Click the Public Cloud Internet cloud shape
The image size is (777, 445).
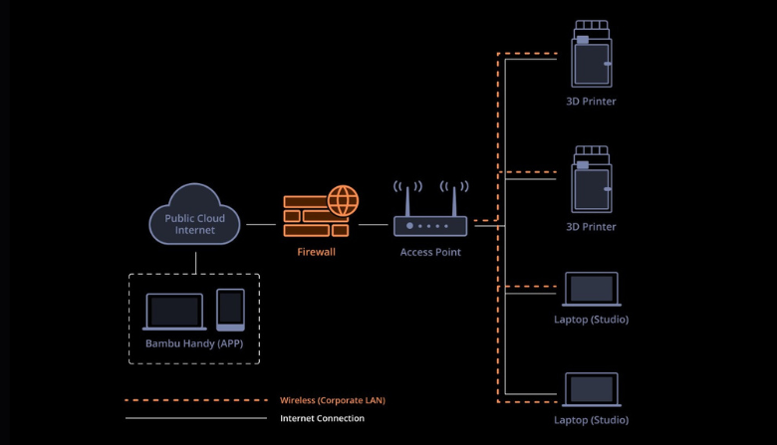[x=195, y=218]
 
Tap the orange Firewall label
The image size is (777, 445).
[x=317, y=252]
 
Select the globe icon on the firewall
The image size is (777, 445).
[x=343, y=200]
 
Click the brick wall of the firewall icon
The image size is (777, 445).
[x=311, y=218]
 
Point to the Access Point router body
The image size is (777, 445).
[x=430, y=226]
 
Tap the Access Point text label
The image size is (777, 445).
[x=430, y=252]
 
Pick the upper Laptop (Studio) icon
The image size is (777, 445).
[x=592, y=291]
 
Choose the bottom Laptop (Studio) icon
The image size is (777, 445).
[x=592, y=391]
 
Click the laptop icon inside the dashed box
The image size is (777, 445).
[x=174, y=311]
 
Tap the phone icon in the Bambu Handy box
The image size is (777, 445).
[x=231, y=310]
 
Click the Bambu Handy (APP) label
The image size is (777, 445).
[x=194, y=344]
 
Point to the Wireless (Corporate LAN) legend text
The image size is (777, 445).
[x=333, y=400]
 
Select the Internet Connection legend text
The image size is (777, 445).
[x=322, y=418]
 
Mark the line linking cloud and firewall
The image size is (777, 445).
[x=261, y=225]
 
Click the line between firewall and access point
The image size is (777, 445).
[x=373, y=225]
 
